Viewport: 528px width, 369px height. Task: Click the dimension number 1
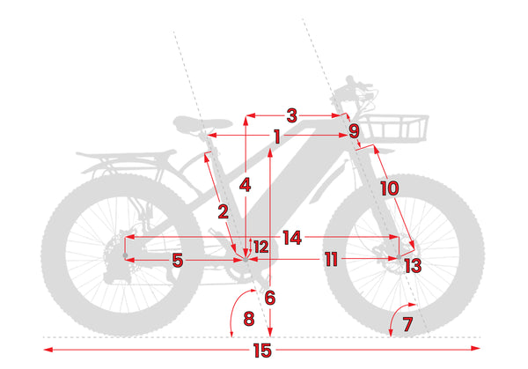(x=276, y=137)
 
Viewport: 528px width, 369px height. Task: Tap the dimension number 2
(x=224, y=211)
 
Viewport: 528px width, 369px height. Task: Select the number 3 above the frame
(x=292, y=114)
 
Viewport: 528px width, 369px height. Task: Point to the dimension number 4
(x=246, y=186)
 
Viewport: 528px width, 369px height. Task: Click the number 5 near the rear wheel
(x=177, y=260)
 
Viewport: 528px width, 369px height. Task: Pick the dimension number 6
(x=269, y=298)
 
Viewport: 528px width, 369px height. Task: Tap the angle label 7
(x=407, y=323)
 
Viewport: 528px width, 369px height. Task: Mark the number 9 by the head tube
(x=354, y=131)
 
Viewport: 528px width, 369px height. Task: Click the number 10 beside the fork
(x=389, y=188)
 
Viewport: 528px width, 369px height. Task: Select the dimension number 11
(x=330, y=260)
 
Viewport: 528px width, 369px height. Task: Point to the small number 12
(x=260, y=247)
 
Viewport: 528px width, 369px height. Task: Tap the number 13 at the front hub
(x=412, y=265)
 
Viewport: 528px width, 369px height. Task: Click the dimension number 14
(x=292, y=238)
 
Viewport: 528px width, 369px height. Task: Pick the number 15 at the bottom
(x=261, y=351)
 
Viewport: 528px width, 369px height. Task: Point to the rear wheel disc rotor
(x=113, y=259)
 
